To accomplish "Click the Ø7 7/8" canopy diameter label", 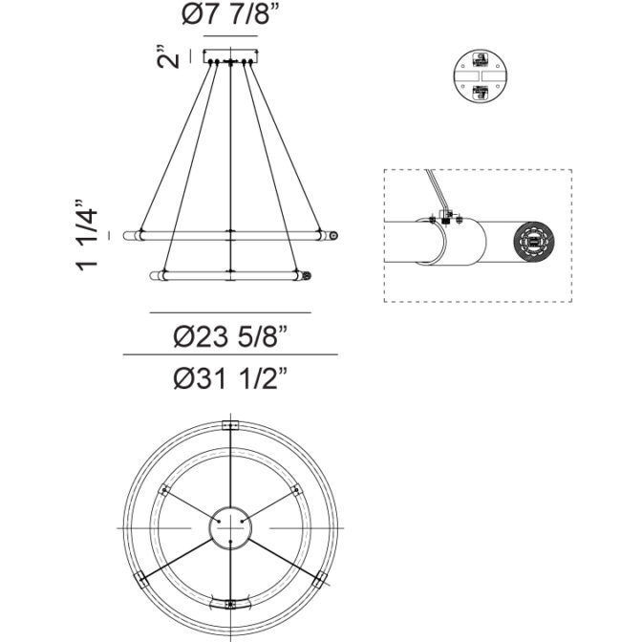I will tap(230, 17).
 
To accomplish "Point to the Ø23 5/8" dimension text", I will tap(230, 335).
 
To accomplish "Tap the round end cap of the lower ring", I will tap(307, 277).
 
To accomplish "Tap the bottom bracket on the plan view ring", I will tap(229, 603).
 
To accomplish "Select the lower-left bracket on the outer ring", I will tap(141, 578).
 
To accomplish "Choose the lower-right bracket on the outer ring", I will tap(318, 578).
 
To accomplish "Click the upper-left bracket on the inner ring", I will tap(164, 490).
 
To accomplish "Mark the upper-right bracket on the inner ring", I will tap(294, 490).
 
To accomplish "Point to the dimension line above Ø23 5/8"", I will tap(230, 312).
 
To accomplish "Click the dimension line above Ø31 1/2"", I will tap(230, 354).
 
